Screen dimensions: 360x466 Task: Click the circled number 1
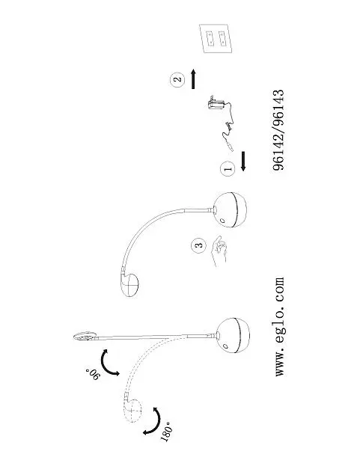228,169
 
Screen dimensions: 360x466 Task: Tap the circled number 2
177,79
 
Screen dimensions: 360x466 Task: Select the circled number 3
199,245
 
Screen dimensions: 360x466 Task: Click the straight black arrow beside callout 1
243,162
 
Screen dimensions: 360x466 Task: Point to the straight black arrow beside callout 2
193,79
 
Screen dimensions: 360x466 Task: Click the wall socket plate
216,38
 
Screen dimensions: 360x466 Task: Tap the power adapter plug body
216,104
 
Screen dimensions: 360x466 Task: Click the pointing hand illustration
219,250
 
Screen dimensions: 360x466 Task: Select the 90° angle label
93,374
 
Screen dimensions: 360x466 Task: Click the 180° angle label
166,432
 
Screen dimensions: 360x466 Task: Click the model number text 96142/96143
278,130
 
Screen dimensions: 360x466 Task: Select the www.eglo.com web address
279,327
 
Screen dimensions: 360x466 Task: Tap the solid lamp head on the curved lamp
130,283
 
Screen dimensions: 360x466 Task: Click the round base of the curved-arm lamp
230,210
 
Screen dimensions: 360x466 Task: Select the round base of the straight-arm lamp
234,336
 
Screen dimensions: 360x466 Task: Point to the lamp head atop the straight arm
85,336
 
